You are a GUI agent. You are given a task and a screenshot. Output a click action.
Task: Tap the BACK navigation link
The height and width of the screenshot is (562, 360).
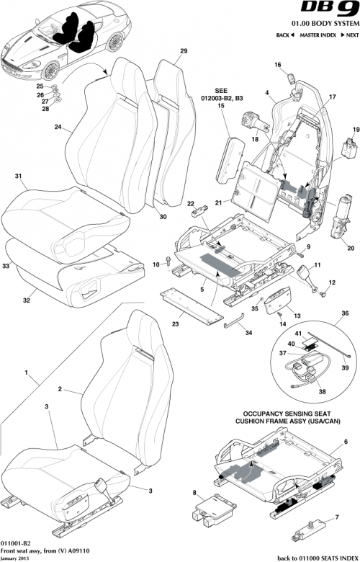point(286,35)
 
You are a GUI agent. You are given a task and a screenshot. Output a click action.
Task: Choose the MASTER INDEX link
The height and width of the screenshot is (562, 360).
point(317,35)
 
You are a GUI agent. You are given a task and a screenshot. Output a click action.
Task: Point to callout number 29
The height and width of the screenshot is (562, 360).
point(184,51)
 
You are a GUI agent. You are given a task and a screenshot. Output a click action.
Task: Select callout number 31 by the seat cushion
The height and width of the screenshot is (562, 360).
point(19,177)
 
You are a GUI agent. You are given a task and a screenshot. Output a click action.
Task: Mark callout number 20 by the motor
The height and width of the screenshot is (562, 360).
point(351,249)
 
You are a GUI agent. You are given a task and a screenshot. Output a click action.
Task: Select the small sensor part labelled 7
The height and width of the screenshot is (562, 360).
point(309,534)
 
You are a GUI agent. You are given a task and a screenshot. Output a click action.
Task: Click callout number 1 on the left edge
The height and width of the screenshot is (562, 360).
point(27,375)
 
